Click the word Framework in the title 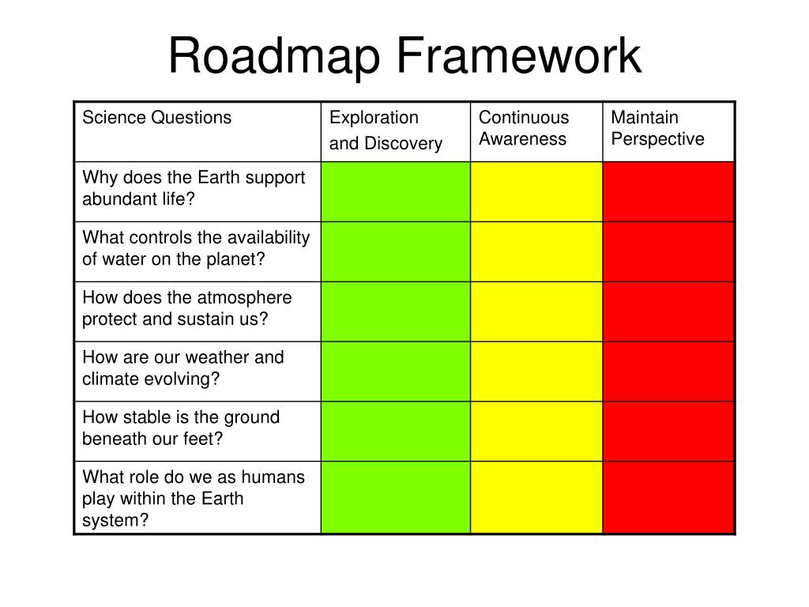pyautogui.click(x=519, y=57)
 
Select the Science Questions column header pyautogui.click(x=157, y=118)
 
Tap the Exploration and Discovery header pyautogui.click(x=386, y=130)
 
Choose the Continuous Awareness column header pyautogui.click(x=524, y=128)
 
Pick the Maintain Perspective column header pyautogui.click(x=658, y=128)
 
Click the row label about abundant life pyautogui.click(x=194, y=188)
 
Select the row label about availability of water pyautogui.click(x=196, y=248)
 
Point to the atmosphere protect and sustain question pyautogui.click(x=187, y=308)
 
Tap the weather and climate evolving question pyautogui.click(x=183, y=368)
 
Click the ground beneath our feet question pyautogui.click(x=181, y=428)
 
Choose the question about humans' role pyautogui.click(x=194, y=498)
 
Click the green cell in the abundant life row pyautogui.click(x=395, y=191)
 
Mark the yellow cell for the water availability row pyautogui.click(x=536, y=251)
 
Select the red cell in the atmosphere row pyautogui.click(x=668, y=311)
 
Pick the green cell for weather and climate pyautogui.click(x=395, y=371)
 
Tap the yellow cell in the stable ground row pyautogui.click(x=536, y=432)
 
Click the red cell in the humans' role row pyautogui.click(x=668, y=498)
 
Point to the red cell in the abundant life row pyautogui.click(x=668, y=191)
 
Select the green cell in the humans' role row pyautogui.click(x=395, y=498)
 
